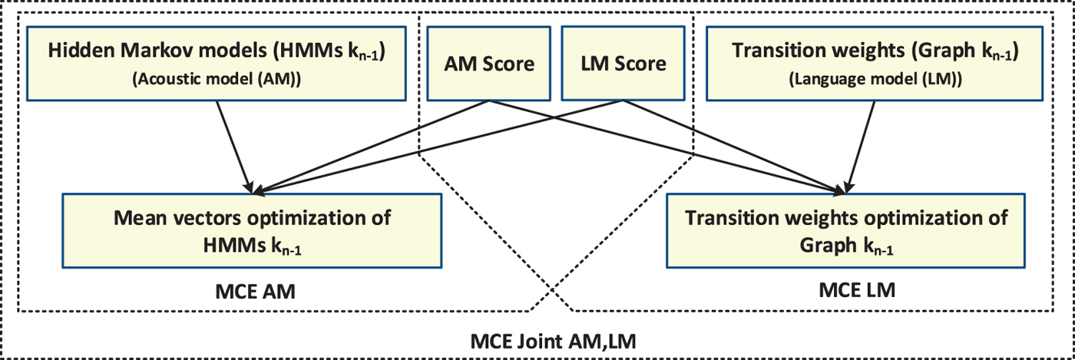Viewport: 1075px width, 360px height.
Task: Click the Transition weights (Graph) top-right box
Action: (875, 64)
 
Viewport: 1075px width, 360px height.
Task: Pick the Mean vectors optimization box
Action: (252, 230)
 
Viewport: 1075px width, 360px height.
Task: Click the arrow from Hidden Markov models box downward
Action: (233, 146)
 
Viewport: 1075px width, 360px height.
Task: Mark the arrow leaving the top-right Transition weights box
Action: (860, 146)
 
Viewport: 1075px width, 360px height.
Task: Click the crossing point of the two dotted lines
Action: (551, 292)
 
